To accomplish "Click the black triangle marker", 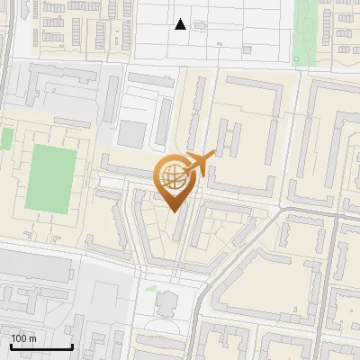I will pos(181,24).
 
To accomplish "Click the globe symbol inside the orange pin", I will pos(171,175).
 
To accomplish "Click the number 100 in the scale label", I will pos(20,338).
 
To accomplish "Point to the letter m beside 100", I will pos(32,338).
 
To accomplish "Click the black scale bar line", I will pos(41,347).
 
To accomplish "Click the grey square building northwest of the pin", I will pos(131,134).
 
